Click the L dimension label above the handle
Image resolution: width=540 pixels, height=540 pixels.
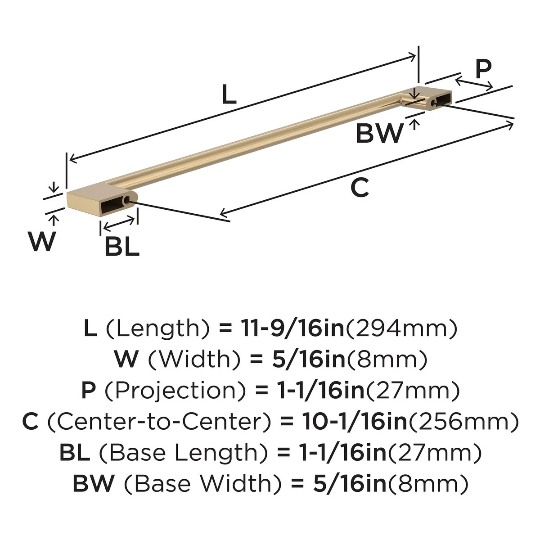coord(229,94)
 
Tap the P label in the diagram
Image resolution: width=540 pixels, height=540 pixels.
coord(483,69)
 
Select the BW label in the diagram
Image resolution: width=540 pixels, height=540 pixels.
coord(380,134)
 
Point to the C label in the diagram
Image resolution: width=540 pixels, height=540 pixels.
coord(360,187)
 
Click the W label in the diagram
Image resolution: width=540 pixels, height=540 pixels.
coord(41,241)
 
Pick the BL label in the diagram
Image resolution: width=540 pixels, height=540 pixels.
coord(122,246)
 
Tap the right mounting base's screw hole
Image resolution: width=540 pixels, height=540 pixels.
coord(433,103)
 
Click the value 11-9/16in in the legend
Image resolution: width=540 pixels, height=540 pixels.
coord(292,328)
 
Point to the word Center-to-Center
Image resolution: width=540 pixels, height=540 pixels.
coord(159,422)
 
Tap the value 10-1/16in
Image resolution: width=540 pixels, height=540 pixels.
coord(355,422)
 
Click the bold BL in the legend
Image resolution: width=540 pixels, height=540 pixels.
coord(75,453)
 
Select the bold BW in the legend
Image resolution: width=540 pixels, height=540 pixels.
coord(94,484)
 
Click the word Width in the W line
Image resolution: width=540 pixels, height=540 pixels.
coord(194,359)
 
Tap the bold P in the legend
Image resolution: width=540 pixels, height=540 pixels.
coord(89,391)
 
